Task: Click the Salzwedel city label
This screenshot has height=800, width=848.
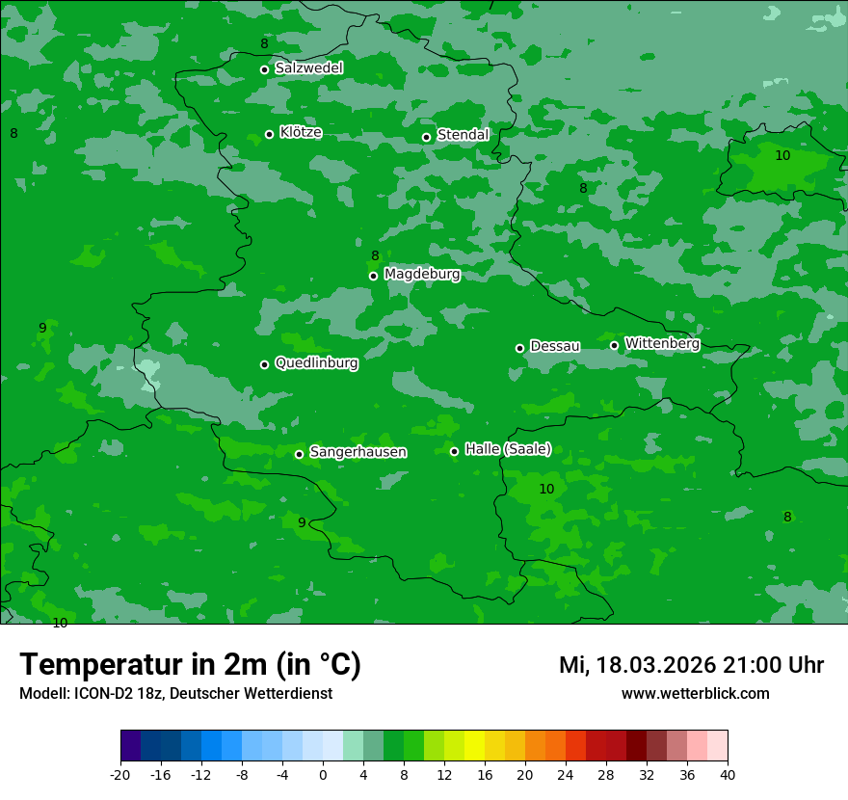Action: (308, 68)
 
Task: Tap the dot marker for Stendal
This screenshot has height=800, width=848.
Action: (426, 137)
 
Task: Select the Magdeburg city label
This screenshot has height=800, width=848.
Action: (422, 275)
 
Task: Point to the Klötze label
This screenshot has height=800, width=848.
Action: (301, 133)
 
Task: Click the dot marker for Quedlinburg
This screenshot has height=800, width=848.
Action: (264, 364)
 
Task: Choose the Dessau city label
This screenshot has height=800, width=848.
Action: (555, 346)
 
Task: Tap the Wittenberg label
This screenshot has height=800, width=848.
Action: (662, 343)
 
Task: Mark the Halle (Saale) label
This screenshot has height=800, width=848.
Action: (508, 449)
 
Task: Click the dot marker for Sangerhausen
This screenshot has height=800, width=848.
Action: (299, 454)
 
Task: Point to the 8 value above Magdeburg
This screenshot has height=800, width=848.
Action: (375, 255)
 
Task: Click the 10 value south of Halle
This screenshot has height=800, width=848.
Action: (546, 490)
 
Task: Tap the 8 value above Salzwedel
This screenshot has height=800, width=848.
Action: (264, 44)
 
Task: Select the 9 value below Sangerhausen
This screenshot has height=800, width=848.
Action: (302, 522)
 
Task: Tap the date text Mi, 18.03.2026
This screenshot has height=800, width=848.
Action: (634, 665)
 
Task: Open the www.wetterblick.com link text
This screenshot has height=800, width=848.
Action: (695, 693)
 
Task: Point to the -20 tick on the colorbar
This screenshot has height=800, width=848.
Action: (120, 774)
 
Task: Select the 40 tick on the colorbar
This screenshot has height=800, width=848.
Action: (728, 774)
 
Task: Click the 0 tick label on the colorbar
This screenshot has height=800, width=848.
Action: (323, 774)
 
